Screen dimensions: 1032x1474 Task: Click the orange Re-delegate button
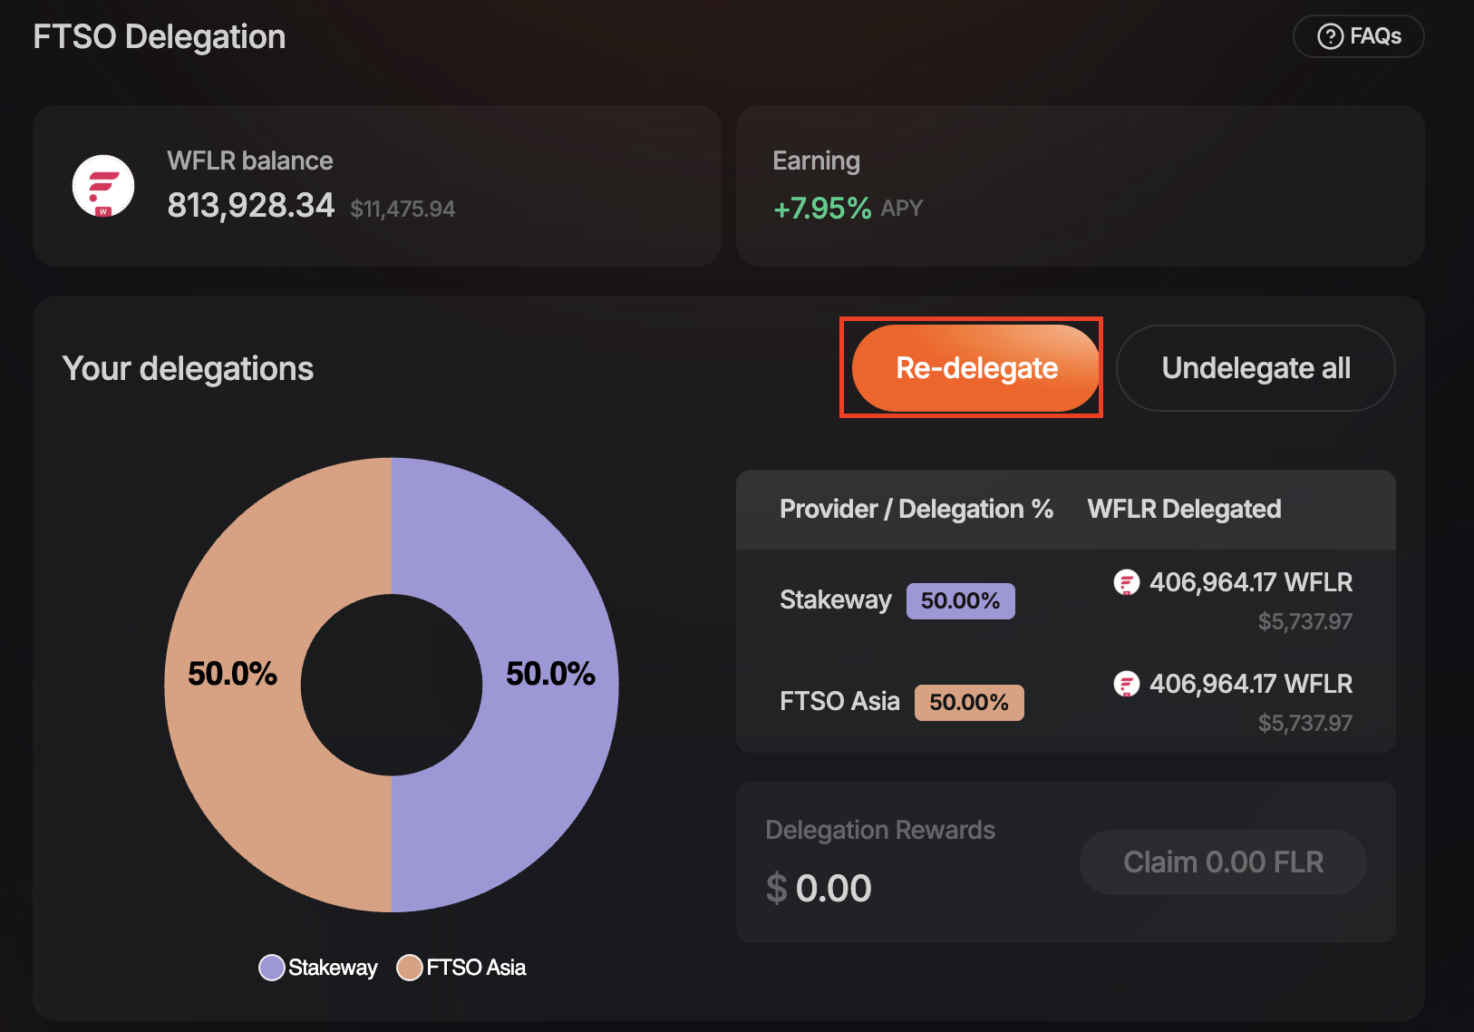(975, 368)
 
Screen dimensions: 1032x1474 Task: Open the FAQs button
(1358, 36)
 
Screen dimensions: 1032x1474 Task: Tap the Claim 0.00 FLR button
(1223, 862)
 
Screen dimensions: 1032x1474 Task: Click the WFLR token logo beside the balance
(103, 186)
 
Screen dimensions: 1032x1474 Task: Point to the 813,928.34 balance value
(251, 206)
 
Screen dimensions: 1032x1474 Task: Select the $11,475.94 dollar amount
(402, 209)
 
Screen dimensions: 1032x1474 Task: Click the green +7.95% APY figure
(821, 209)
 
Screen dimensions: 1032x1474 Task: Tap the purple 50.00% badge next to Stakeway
(960, 601)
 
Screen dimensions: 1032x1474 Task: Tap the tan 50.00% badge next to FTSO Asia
(968, 703)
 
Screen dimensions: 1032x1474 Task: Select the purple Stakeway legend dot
(272, 968)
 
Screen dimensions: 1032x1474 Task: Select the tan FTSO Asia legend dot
(410, 968)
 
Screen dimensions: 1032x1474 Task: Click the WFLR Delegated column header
(1184, 510)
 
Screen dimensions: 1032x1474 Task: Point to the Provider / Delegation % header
(916, 510)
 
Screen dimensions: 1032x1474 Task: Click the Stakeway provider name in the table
(835, 600)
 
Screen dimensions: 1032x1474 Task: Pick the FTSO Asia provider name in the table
(839, 702)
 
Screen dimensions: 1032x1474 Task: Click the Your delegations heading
(188, 369)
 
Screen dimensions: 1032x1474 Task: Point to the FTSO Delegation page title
(160, 37)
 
